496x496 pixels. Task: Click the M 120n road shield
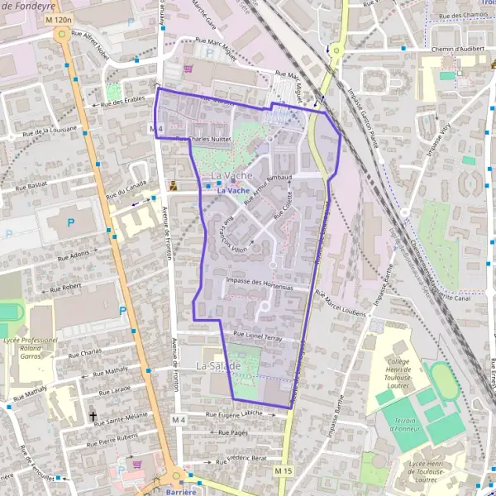click(x=60, y=18)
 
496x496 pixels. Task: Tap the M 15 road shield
click(x=284, y=471)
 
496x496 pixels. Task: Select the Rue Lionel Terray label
click(x=258, y=336)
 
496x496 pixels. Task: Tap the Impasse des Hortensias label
click(x=259, y=282)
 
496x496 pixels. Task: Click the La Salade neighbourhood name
click(x=218, y=365)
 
